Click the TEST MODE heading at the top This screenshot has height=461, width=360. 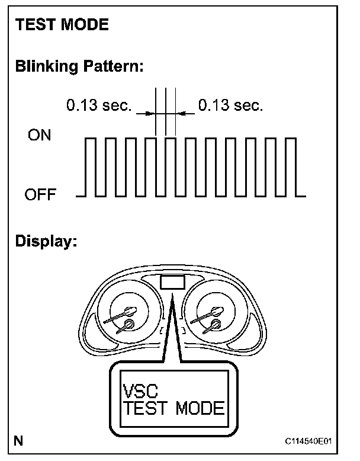coord(62,25)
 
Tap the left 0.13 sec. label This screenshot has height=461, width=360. coord(98,106)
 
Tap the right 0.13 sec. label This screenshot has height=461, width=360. coord(230,106)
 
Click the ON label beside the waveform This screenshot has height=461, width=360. coord(40,136)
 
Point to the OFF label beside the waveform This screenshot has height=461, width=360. coord(40,194)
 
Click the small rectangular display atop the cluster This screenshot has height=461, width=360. coord(172,281)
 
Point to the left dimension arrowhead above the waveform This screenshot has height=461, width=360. coord(150,113)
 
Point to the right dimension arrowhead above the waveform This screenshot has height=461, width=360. coord(181,113)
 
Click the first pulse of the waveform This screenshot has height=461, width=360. coord(91,166)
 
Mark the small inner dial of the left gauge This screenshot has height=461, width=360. coord(129,324)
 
